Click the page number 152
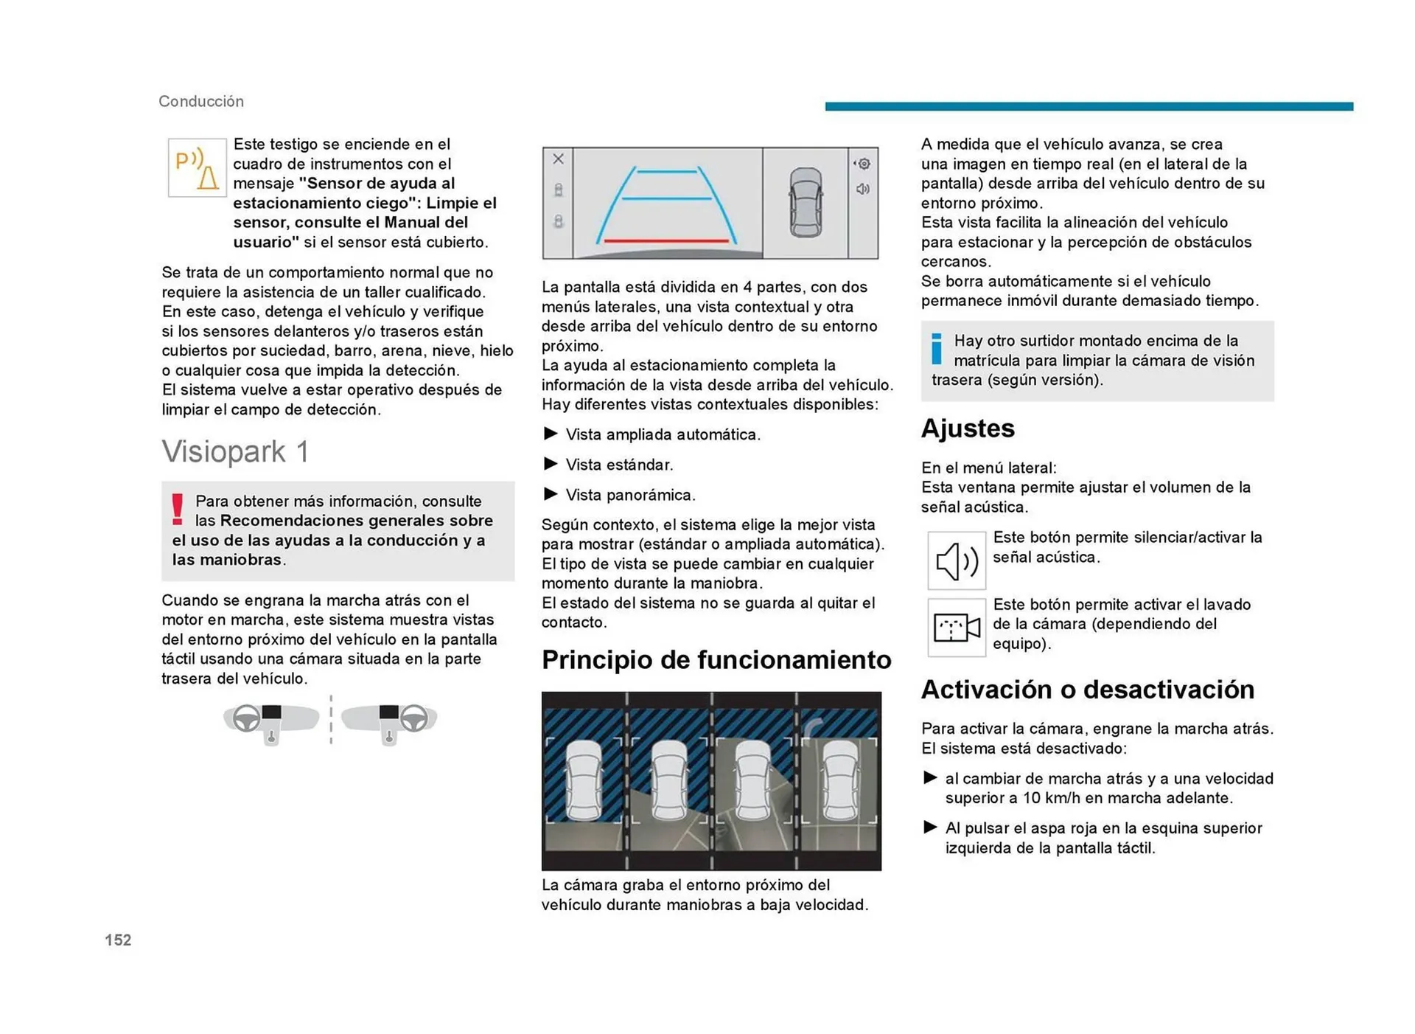(118, 940)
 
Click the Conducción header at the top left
(201, 101)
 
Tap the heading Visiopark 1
(235, 451)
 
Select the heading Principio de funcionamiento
(716, 659)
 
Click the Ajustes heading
(967, 428)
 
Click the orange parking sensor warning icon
(197, 168)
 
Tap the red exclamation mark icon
(177, 510)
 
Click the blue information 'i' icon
(936, 348)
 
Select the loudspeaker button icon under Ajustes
(956, 561)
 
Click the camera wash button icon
(956, 628)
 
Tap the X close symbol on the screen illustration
(558, 159)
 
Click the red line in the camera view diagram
(665, 240)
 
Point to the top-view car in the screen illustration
(805, 202)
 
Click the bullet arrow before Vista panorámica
(550, 493)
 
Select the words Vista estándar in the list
(619, 465)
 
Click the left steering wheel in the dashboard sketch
(247, 718)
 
